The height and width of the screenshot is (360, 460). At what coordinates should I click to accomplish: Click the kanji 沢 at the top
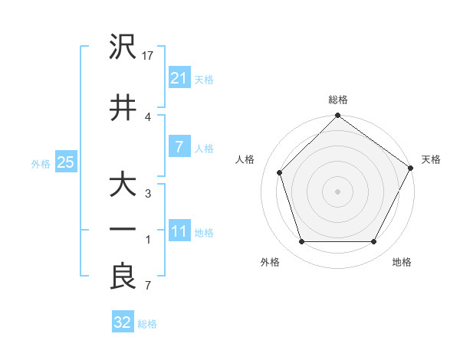[x=123, y=47]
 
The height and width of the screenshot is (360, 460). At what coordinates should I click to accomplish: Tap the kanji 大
[x=123, y=186]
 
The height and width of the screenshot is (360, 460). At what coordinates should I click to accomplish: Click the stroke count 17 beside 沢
[x=149, y=56]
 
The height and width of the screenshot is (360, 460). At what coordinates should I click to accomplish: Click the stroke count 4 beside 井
[x=149, y=116]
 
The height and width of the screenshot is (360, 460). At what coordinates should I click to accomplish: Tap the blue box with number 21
[x=179, y=78]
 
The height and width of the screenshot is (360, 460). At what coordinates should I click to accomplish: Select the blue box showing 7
[x=179, y=147]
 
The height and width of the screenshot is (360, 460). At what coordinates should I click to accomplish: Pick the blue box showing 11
[x=179, y=231]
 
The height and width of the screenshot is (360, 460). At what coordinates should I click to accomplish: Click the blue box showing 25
[x=65, y=162]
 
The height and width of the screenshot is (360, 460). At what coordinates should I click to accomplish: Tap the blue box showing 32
[x=123, y=322]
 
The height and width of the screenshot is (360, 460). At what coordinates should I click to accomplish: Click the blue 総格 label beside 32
[x=147, y=324]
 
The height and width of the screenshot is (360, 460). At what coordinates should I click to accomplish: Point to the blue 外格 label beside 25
[x=41, y=163]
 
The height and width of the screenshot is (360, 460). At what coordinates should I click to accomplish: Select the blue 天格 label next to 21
[x=204, y=79]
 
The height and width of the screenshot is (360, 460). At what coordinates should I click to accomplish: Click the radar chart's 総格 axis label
[x=338, y=100]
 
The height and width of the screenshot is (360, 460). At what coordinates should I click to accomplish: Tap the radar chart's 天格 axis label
[x=431, y=159]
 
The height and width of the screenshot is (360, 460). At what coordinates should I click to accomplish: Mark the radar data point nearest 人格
[x=280, y=172]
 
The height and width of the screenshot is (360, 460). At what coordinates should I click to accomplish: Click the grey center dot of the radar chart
[x=337, y=191]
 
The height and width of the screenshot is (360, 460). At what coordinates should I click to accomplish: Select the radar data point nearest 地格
[x=373, y=242]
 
